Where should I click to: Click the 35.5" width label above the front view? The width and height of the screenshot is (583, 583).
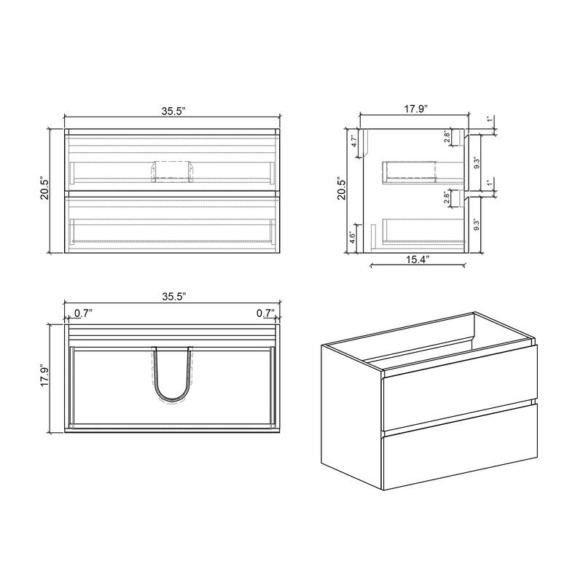[173, 111]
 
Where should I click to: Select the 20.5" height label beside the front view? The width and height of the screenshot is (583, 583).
[44, 189]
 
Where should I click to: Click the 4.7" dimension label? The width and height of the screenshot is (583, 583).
[353, 141]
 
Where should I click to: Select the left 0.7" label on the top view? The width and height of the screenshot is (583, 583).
[83, 313]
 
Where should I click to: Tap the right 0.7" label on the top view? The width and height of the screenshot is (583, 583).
[265, 313]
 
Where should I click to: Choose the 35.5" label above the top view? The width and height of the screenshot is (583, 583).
[173, 297]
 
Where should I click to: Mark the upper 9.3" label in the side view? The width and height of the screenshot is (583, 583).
[477, 164]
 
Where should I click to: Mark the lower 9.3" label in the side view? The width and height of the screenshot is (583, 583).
[477, 224]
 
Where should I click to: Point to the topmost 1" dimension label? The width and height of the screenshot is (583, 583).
[489, 120]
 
